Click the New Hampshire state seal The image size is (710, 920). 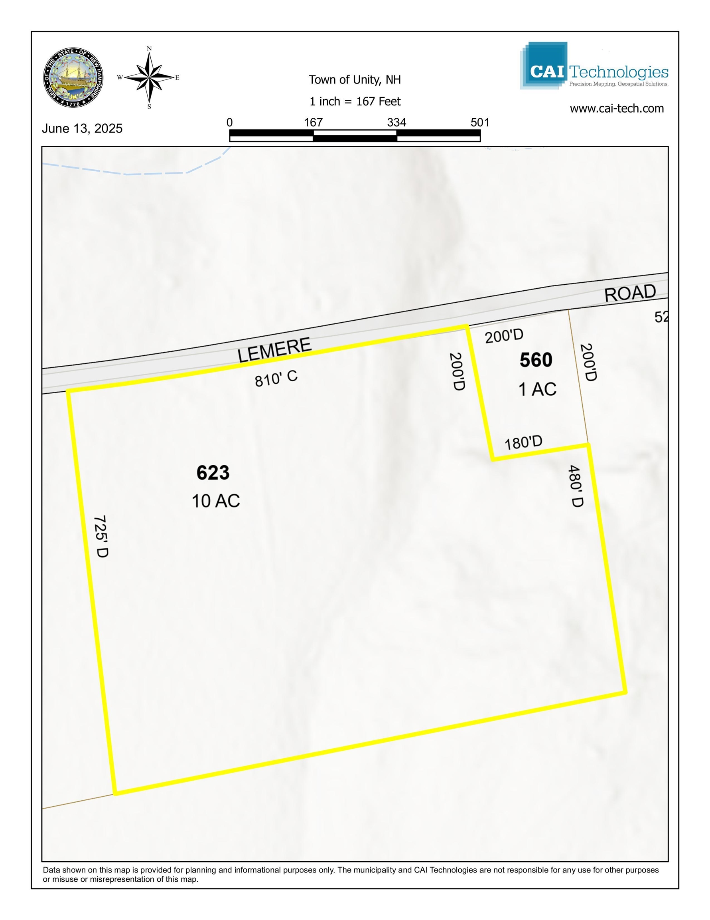point(73,77)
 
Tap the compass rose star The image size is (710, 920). point(149,77)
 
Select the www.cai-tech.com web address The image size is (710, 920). point(617,109)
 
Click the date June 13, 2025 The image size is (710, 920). point(82,129)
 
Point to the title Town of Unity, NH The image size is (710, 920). point(354,79)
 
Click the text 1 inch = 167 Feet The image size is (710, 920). point(355,101)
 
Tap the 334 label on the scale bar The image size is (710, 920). point(396,123)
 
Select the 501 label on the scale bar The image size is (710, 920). point(480,123)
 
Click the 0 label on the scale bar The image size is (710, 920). point(229,123)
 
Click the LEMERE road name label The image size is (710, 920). point(274,350)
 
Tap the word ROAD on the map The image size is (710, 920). point(630,293)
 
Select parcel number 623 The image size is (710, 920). point(213,473)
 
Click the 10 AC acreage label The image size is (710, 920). point(215,501)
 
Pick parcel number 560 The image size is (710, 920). point(536,360)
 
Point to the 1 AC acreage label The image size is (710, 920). point(537,389)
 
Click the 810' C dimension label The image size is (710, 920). point(276,378)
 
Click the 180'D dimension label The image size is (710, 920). point(523,443)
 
